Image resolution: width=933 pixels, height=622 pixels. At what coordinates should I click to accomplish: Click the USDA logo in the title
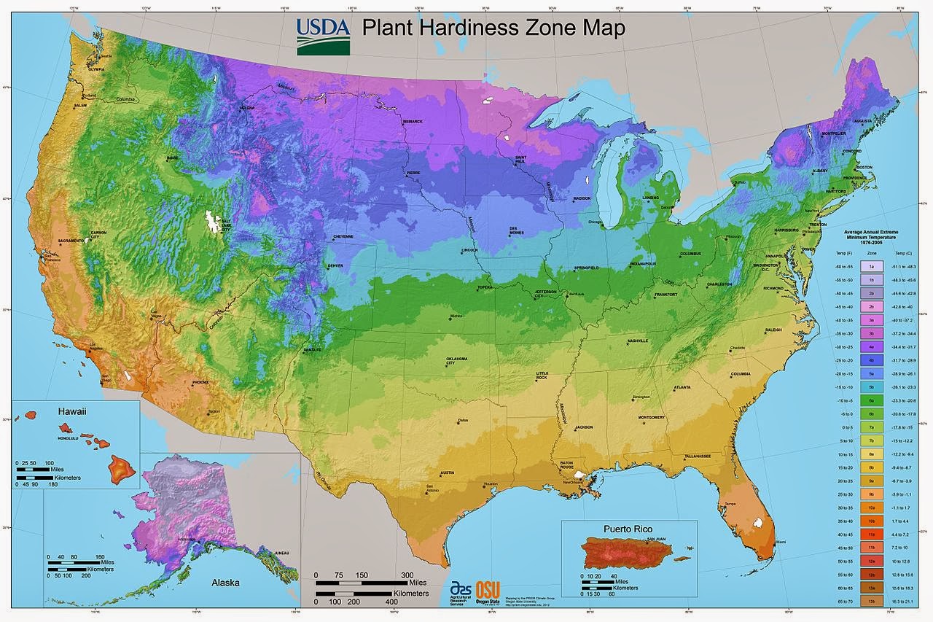pos(323,36)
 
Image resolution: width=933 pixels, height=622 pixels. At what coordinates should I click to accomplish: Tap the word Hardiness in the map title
pos(475,29)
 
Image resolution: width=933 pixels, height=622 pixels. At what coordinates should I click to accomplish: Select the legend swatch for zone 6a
pos(871,400)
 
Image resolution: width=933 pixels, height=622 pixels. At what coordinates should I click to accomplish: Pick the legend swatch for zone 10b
pos(871,521)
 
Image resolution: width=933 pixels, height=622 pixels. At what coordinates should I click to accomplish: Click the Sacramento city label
pos(70,240)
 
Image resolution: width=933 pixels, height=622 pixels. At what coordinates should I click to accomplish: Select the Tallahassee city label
pos(697,456)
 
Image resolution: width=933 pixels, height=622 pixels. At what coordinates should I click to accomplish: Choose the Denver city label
pos(335,265)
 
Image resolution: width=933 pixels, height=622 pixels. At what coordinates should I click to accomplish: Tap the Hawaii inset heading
pos(71,411)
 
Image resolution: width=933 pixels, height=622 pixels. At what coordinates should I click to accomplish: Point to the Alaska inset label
pos(225,583)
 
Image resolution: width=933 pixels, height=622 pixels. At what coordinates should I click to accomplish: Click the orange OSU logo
pos(488,590)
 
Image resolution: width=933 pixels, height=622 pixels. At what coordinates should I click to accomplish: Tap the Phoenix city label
pos(201,382)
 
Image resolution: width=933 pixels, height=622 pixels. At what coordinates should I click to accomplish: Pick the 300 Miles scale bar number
pos(407,575)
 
